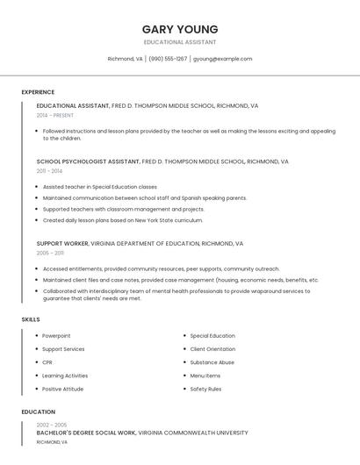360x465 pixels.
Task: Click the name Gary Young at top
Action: (x=180, y=29)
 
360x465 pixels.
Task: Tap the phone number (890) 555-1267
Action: (x=168, y=59)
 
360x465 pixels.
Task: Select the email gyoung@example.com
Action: (x=222, y=59)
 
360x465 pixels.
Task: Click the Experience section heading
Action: (x=38, y=92)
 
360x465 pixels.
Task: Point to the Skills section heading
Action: (x=31, y=319)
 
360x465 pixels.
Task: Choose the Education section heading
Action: (x=38, y=411)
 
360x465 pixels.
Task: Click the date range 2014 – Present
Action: (x=55, y=115)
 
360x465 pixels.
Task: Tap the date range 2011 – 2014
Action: (x=49, y=171)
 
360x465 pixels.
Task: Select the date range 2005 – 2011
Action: (x=49, y=253)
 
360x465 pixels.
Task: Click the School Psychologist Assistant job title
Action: (x=88, y=161)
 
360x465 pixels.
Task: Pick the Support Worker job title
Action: (x=61, y=243)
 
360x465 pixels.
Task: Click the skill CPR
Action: (x=47, y=362)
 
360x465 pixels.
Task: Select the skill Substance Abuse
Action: (x=212, y=362)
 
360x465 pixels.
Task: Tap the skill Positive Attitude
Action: (x=62, y=389)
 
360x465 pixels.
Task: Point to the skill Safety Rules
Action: (x=205, y=389)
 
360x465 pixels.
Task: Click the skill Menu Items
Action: (x=205, y=376)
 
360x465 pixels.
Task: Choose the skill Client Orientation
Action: (x=212, y=349)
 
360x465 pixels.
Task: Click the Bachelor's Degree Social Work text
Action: (x=86, y=433)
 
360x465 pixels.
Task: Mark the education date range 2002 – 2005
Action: (x=52, y=425)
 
